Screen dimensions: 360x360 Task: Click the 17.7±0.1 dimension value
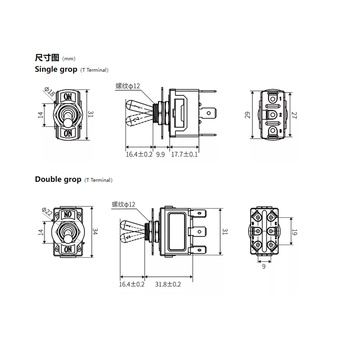pyautogui.click(x=184, y=154)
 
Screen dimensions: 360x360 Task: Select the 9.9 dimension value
pyautogui.click(x=161, y=154)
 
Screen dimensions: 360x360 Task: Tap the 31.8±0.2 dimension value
pyautogui.click(x=168, y=284)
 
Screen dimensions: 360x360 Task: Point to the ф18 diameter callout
pyautogui.click(x=49, y=91)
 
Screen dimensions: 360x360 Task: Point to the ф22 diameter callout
pyautogui.click(x=47, y=211)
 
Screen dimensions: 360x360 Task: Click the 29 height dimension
pyautogui.click(x=248, y=115)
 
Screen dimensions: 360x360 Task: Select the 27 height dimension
pyautogui.click(x=294, y=115)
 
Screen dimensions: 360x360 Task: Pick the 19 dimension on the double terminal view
pyautogui.click(x=294, y=232)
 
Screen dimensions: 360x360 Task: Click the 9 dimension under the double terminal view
pyautogui.click(x=264, y=266)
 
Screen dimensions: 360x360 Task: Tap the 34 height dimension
pyautogui.click(x=95, y=231)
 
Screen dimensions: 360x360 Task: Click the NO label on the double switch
pyautogui.click(x=68, y=214)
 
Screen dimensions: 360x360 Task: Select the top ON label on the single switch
pyautogui.click(x=68, y=96)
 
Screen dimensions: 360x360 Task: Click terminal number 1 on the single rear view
pyautogui.click(x=280, y=99)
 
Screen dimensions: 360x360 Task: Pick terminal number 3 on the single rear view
pyautogui.click(x=280, y=131)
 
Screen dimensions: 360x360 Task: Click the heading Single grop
pyautogui.click(x=56, y=69)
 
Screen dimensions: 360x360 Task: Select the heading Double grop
pyautogui.click(x=58, y=179)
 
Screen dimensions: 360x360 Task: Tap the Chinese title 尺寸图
pyautogui.click(x=47, y=58)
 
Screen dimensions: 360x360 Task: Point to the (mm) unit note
pyautogui.click(x=69, y=59)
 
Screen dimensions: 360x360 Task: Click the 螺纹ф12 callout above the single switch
pyautogui.click(x=128, y=86)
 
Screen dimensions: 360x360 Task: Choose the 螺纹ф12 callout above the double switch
pyautogui.click(x=123, y=204)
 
